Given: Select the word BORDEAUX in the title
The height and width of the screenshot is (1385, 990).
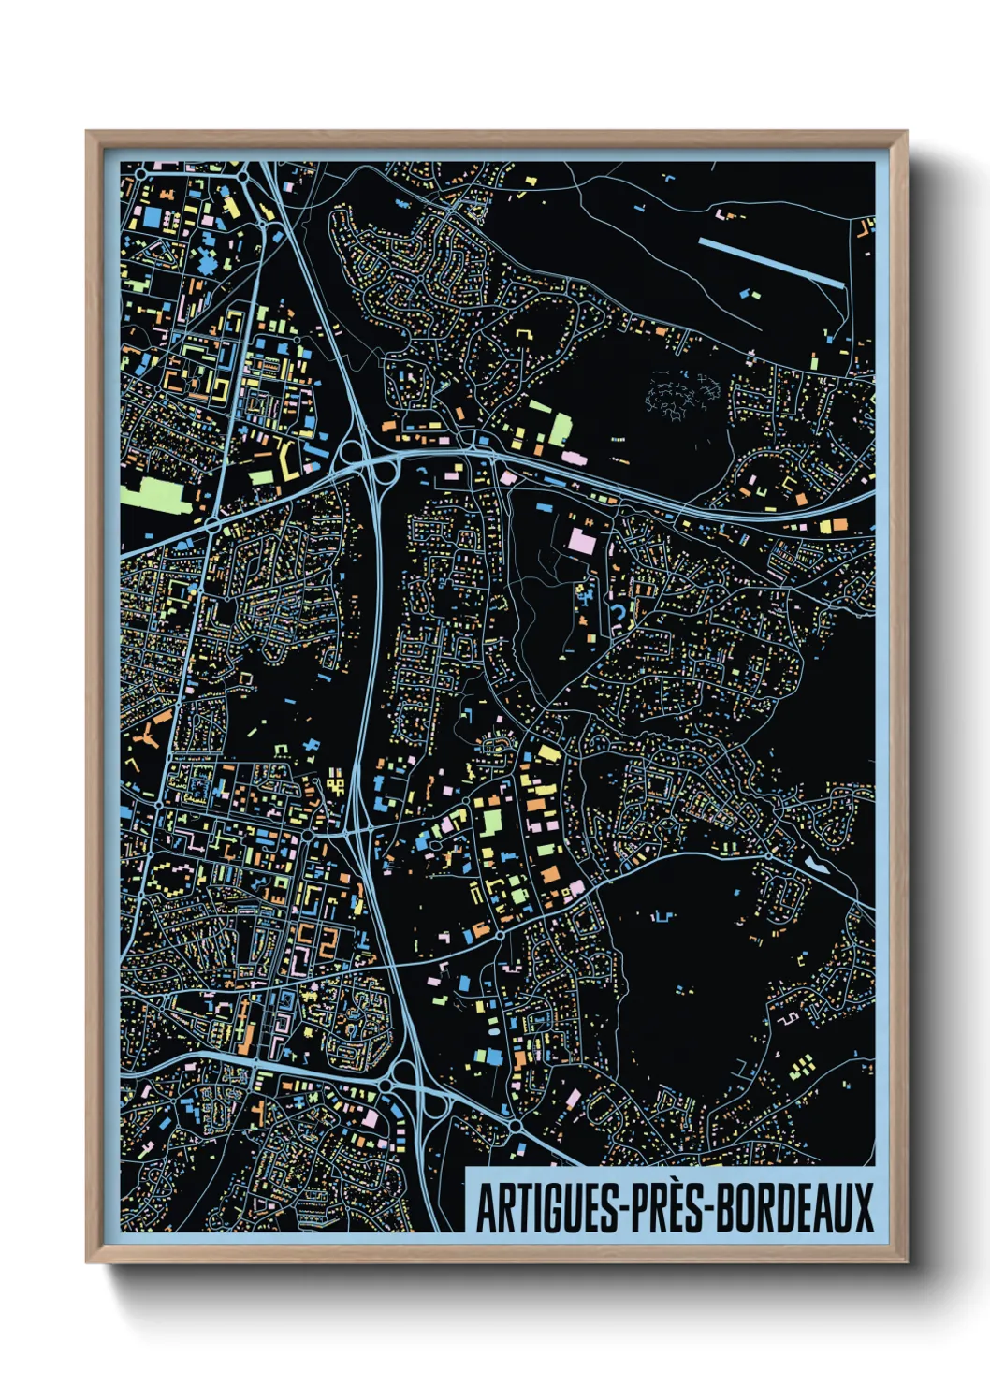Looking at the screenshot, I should coord(796,1207).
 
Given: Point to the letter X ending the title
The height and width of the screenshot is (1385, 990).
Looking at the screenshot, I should coord(863,1207).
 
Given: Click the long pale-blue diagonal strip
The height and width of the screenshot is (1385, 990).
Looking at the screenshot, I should coord(771,261).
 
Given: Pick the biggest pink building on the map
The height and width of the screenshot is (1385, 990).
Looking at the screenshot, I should coord(581,542).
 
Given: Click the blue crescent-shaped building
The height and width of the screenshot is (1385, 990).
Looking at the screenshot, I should coord(619,611).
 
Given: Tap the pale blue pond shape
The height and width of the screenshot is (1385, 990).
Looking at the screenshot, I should coord(816,864).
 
